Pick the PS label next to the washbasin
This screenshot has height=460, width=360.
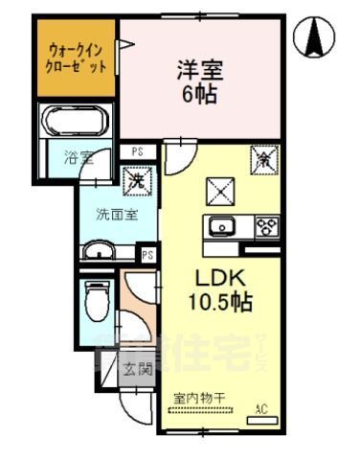[x=147, y=254]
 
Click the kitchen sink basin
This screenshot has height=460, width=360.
[x=223, y=226]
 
